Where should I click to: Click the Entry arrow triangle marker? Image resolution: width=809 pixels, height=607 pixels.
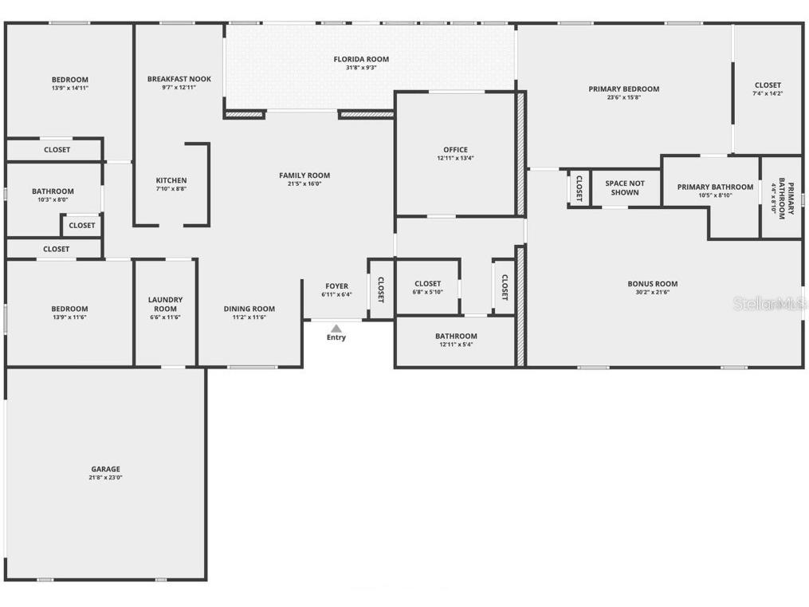(x=336, y=328)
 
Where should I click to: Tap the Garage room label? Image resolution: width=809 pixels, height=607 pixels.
(x=105, y=469)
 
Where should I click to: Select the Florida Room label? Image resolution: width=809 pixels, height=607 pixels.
(x=361, y=59)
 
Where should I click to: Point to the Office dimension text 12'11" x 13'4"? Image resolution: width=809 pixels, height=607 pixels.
(x=455, y=159)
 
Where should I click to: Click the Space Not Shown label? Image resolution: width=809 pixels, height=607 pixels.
(x=625, y=187)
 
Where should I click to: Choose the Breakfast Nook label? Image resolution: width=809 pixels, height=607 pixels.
(x=179, y=79)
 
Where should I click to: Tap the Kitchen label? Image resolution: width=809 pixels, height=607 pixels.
(x=171, y=180)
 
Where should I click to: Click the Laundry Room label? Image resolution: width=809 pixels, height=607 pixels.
(x=165, y=304)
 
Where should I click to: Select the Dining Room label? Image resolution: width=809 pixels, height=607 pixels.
(x=249, y=309)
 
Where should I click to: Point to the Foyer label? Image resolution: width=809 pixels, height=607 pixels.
(x=336, y=286)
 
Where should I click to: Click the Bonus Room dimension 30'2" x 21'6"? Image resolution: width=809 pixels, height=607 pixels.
(x=652, y=293)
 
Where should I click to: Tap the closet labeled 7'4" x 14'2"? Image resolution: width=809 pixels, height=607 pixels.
(x=768, y=89)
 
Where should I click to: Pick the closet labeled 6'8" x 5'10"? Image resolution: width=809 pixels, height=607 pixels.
(x=427, y=287)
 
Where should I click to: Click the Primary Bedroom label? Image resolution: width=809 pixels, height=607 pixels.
(x=623, y=89)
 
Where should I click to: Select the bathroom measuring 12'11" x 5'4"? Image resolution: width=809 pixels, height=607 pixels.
(x=456, y=340)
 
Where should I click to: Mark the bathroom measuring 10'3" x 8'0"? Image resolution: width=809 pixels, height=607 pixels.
(x=53, y=195)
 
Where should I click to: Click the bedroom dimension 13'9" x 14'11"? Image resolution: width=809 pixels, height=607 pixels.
(x=69, y=89)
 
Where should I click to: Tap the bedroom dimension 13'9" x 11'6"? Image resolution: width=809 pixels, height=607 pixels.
(x=69, y=317)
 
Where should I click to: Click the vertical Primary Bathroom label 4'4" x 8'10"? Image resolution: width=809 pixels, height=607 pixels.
(x=781, y=197)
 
